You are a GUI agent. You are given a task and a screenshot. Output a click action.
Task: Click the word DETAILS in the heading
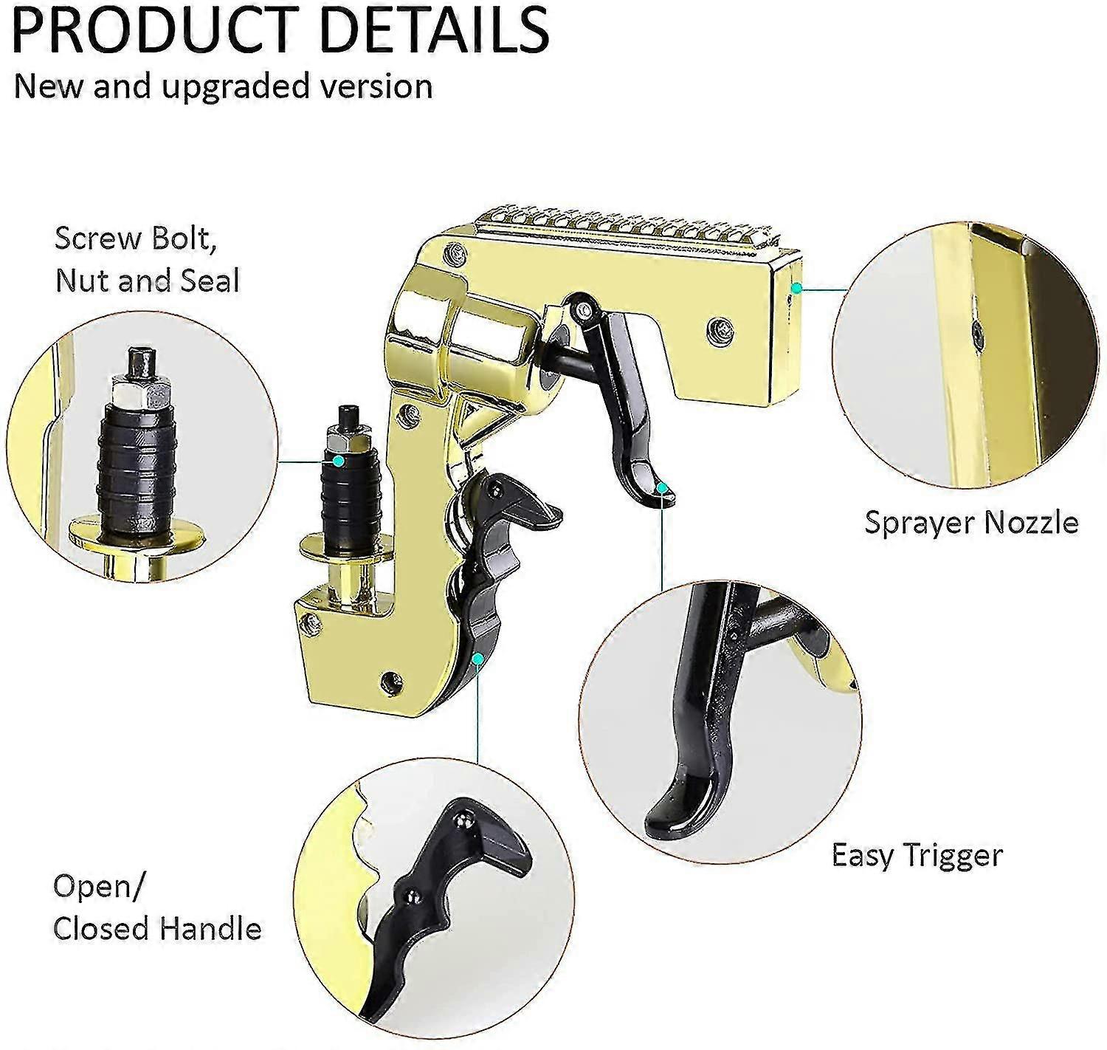tap(433, 28)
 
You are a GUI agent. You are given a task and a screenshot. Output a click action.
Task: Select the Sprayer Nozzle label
tap(971, 523)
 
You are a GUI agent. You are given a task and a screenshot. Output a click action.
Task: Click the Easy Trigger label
tap(917, 856)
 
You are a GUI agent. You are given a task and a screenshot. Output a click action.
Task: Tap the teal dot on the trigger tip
tap(663, 487)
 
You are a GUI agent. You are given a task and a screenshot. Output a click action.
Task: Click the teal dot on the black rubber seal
tap(338, 461)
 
